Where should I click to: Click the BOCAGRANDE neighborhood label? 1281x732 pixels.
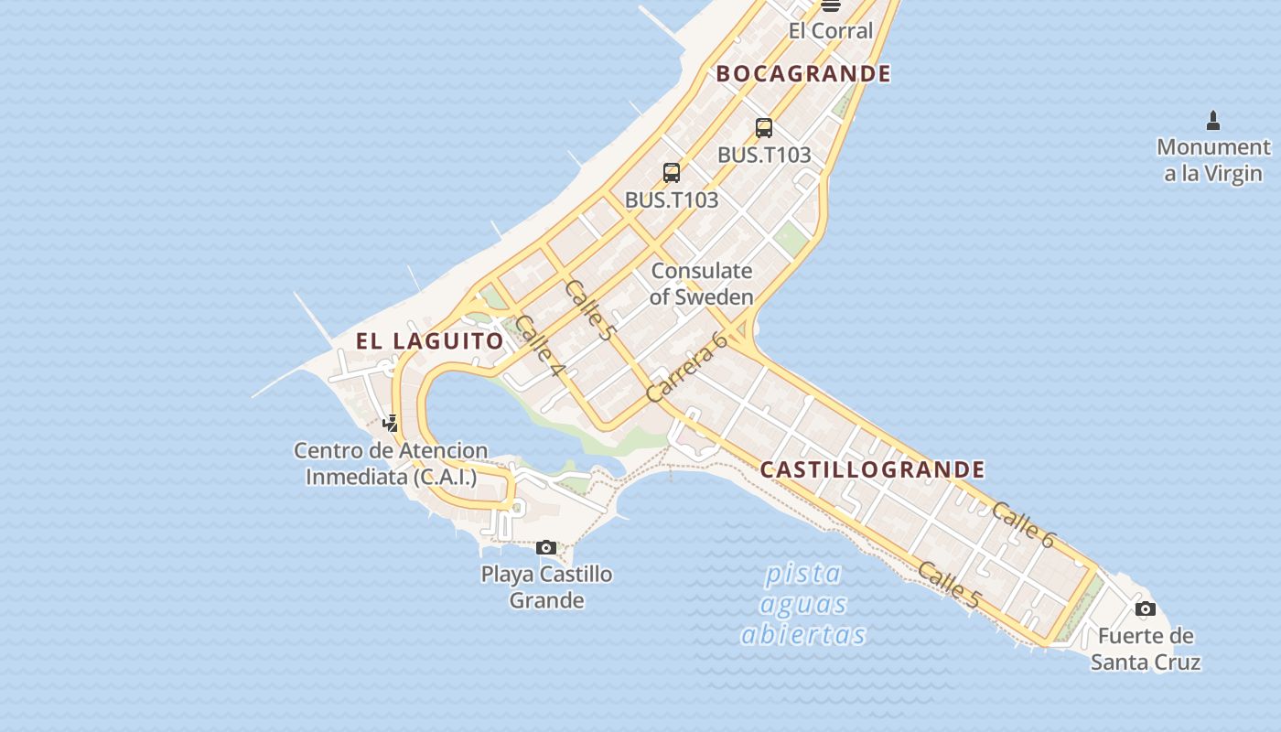tap(802, 74)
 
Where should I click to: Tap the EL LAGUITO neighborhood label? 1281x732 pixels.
tap(429, 341)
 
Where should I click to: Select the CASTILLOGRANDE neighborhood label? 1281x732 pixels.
tap(872, 470)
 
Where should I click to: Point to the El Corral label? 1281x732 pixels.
tap(831, 30)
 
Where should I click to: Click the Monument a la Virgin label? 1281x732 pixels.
tap(1213, 160)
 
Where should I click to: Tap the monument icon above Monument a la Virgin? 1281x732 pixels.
tap(1213, 120)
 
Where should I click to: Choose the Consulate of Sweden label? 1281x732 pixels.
tap(702, 284)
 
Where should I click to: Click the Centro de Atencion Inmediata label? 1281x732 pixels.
tap(391, 464)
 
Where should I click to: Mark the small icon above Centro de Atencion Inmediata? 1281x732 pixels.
tap(391, 423)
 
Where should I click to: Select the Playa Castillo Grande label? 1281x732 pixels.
tap(546, 587)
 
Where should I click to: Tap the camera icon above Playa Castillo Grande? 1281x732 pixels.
tap(546, 547)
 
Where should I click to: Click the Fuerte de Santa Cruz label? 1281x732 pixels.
tap(1146, 649)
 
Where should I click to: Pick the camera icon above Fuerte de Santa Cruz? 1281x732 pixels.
tap(1145, 608)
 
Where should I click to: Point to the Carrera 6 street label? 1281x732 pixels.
tap(686, 367)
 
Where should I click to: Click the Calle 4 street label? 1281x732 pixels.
tap(540, 347)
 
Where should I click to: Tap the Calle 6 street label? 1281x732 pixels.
tap(1022, 525)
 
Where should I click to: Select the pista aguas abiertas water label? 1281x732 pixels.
tap(802, 604)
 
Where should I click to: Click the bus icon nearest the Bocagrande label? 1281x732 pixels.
tap(764, 128)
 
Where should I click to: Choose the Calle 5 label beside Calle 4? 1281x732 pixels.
tap(588, 310)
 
